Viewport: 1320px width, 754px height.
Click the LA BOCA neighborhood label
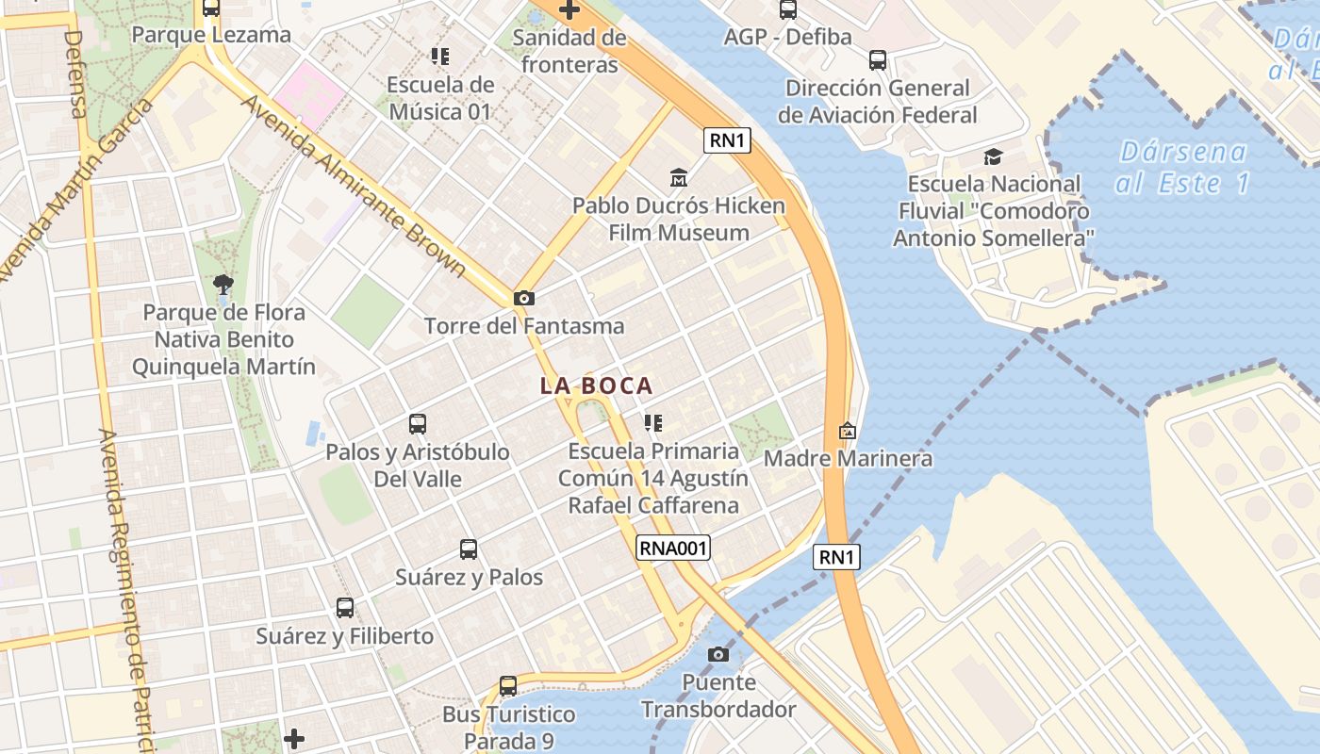[596, 385]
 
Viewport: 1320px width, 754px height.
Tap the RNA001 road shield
[672, 548]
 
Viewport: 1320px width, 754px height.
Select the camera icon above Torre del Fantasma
[524, 298]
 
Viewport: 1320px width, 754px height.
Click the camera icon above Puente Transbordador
[718, 654]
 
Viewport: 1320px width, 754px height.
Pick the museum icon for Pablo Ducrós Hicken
[678, 177]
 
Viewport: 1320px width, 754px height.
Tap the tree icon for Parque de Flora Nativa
[223, 284]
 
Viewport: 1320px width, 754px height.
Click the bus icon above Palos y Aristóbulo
[418, 424]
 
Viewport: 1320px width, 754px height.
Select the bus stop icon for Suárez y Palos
[469, 549]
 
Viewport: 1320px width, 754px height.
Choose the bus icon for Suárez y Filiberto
[345, 608]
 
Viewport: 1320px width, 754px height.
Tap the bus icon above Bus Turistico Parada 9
[508, 686]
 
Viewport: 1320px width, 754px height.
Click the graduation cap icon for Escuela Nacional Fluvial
[993, 156]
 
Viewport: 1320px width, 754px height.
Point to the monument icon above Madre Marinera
[848, 431]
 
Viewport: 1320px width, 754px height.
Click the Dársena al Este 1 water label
[1183, 167]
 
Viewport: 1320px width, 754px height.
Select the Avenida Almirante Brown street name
[354, 185]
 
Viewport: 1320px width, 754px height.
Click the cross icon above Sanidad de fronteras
[569, 10]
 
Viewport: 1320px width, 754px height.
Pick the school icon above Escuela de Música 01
[440, 57]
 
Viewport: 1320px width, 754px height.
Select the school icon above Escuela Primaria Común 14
[653, 423]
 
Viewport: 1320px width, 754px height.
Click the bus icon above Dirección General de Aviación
[878, 60]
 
